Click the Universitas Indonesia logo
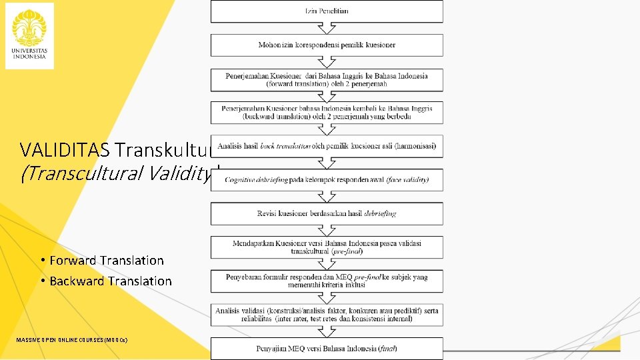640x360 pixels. (29, 35)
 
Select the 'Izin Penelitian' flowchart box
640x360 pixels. (327, 11)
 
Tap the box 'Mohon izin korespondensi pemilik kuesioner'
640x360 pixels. (327, 45)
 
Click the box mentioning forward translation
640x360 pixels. (327, 80)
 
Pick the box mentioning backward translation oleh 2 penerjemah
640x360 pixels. (327, 113)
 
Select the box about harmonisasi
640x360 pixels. (327, 147)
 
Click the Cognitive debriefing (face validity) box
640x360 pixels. (327, 180)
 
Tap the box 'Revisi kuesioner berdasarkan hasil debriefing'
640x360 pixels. (327, 214)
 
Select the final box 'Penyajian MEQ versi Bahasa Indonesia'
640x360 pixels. (327, 349)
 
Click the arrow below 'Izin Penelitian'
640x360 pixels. (327, 29)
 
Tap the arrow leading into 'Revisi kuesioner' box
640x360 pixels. (327, 197)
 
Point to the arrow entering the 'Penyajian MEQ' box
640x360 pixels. (327, 332)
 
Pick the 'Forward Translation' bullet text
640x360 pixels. (107, 261)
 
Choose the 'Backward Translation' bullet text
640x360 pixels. (111, 281)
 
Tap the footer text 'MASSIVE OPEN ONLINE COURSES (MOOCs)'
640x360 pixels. (72, 341)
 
